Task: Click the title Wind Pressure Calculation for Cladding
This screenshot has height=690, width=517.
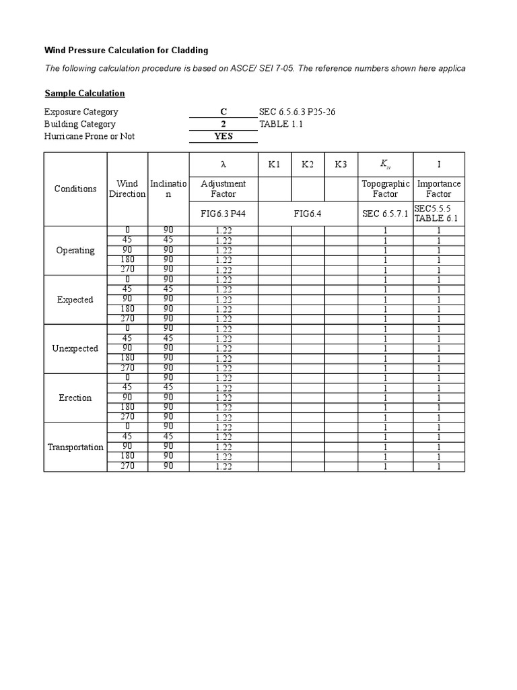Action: (x=126, y=51)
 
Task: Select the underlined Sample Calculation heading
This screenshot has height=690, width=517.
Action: (x=85, y=94)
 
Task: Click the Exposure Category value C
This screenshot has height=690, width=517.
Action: (x=223, y=112)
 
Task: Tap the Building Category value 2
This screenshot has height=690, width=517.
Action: (x=223, y=124)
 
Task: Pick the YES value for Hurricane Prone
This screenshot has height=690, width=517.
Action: (x=223, y=136)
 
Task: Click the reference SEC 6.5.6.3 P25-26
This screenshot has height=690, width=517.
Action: (x=297, y=112)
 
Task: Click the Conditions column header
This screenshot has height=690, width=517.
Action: (x=75, y=189)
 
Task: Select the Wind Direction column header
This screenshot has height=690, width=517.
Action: (x=127, y=189)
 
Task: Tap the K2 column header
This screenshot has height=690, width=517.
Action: (x=308, y=165)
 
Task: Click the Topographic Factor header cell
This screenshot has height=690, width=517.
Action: (x=386, y=189)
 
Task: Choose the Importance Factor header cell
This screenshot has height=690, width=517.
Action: (x=439, y=189)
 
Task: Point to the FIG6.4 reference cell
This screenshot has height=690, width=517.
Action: (x=308, y=214)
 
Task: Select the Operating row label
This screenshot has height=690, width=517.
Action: (x=75, y=251)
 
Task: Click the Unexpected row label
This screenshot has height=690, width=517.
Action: (x=75, y=349)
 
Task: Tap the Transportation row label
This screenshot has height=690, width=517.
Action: (x=75, y=447)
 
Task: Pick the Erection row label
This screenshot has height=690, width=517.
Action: (x=75, y=398)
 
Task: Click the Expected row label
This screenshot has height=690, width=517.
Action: (x=75, y=300)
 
